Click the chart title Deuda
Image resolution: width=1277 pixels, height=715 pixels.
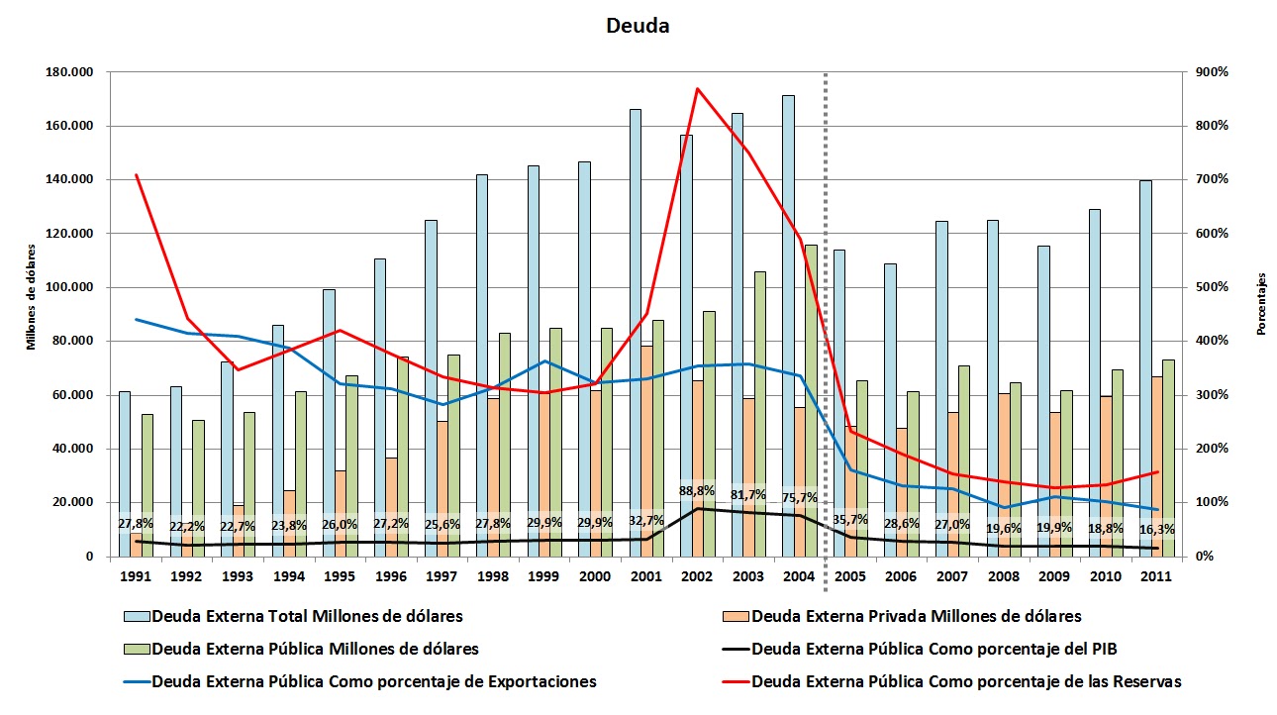[638, 26]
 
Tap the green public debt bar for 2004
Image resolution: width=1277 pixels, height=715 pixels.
[811, 396]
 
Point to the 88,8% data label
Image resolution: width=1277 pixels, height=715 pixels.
[696, 491]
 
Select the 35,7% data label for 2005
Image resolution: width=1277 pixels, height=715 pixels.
[850, 518]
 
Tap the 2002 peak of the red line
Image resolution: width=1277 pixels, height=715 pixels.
[697, 89]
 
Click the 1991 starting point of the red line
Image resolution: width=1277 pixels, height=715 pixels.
[137, 175]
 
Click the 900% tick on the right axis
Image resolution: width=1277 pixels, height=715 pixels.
[1212, 72]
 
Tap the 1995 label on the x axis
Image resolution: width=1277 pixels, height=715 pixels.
[341, 576]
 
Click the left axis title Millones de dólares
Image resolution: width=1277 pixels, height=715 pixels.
[31, 298]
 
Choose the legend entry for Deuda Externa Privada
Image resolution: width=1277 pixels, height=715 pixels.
[916, 616]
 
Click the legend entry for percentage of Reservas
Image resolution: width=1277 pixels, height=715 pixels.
[966, 681]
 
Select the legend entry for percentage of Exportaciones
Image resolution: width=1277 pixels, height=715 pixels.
[374, 681]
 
